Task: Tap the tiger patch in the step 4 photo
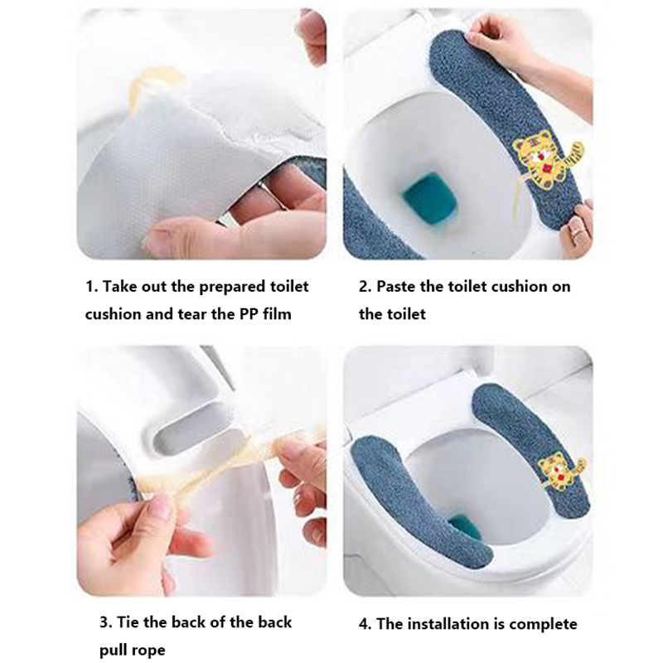click(x=563, y=474)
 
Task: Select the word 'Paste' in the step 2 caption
click(x=396, y=287)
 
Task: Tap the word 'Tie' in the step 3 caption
click(x=128, y=622)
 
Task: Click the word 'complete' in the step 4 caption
click(x=543, y=624)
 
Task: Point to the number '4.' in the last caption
click(x=365, y=624)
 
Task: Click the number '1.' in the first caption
click(x=92, y=287)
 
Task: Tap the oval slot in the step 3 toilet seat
click(x=191, y=426)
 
